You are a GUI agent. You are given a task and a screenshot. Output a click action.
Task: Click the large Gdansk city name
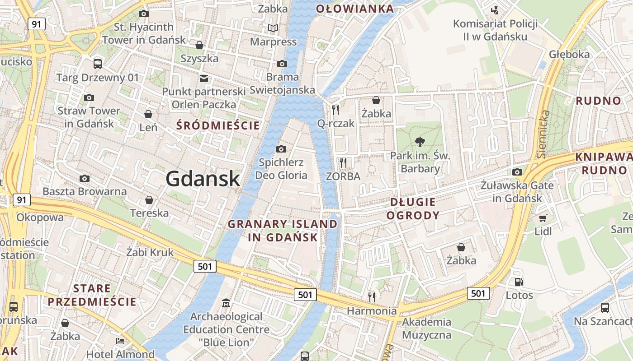203,179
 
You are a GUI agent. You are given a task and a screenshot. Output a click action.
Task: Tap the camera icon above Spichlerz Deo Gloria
281,149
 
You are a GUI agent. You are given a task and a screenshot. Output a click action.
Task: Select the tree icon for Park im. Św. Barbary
420,142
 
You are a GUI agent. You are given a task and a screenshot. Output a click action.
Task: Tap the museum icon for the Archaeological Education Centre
226,303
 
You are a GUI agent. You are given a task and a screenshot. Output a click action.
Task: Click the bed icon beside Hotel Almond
120,341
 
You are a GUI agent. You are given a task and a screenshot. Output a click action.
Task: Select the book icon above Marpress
273,28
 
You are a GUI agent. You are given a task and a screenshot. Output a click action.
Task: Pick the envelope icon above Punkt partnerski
204,78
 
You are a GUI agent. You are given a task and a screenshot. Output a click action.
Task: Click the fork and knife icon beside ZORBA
343,162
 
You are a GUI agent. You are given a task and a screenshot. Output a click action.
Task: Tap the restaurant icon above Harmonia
372,297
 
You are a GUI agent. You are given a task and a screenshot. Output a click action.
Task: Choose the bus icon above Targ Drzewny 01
98,64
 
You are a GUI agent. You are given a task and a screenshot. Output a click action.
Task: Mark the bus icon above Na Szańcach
605,308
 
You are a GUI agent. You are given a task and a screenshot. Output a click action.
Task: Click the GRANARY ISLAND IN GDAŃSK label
283,231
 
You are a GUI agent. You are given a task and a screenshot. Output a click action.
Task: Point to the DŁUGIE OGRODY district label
413,208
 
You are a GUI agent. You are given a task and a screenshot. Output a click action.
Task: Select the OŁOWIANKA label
355,9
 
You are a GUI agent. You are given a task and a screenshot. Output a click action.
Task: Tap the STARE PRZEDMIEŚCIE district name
92,295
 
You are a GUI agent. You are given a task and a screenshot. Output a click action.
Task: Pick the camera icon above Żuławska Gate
517,172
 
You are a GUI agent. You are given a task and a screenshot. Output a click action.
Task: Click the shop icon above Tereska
149,199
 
